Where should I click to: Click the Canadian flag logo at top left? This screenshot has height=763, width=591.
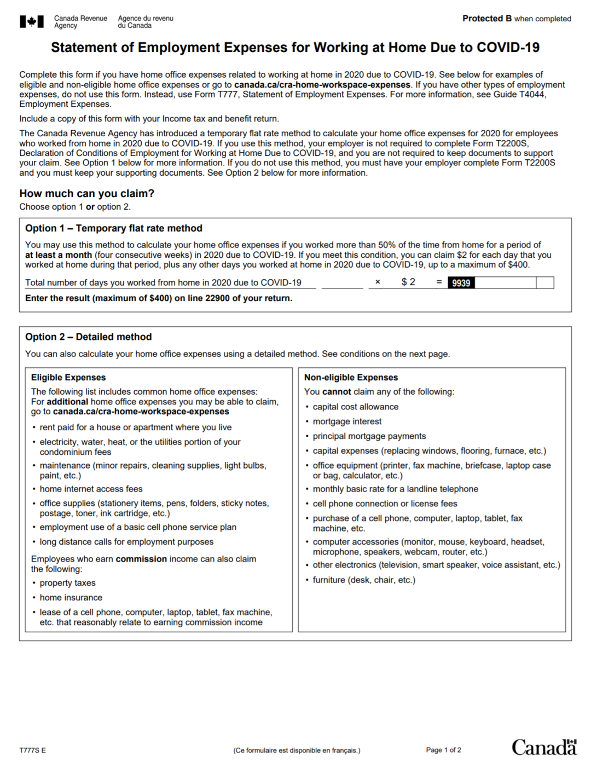point(32,22)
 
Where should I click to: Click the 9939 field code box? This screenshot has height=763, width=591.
point(461,283)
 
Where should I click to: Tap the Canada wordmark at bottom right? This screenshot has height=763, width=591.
point(544,748)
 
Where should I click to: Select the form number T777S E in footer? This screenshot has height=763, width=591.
point(32,750)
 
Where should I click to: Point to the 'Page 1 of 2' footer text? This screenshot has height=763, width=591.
point(443,750)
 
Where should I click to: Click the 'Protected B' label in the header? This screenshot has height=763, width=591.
point(487,19)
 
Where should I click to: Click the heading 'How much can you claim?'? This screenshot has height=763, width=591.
point(87,194)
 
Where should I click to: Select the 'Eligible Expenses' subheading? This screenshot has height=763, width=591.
point(68,378)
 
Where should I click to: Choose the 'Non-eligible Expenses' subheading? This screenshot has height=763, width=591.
point(351,378)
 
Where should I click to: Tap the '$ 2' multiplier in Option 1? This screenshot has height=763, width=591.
point(408,282)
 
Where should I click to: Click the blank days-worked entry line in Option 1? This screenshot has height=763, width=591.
point(342,283)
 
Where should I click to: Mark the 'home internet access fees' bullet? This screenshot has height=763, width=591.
point(91,489)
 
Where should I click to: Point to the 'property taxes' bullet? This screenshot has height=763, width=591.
point(67,583)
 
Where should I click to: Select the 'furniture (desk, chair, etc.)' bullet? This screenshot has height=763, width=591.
point(364,580)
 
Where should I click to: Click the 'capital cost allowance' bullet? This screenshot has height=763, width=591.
point(356,407)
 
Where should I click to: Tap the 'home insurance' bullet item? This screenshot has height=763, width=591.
point(71,598)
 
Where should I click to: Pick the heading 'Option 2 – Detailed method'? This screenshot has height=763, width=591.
point(89,337)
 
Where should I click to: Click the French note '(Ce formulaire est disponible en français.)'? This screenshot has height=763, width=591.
point(297,750)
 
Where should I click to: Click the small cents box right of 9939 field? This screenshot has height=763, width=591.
point(545,283)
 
